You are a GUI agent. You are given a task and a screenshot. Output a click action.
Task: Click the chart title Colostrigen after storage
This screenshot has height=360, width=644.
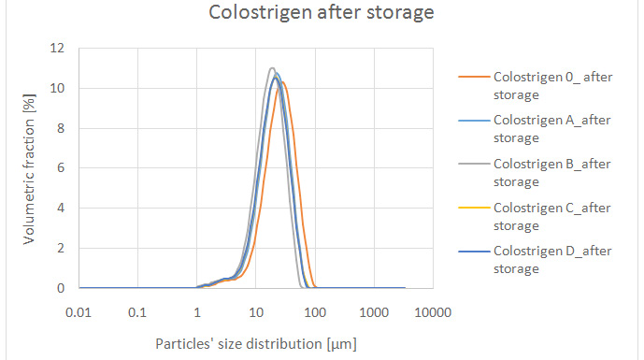(x=321, y=13)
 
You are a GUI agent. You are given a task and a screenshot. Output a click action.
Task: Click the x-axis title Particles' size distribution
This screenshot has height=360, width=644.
(x=256, y=343)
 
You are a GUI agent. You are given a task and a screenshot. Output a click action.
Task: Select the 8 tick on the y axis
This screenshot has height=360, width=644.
(x=61, y=129)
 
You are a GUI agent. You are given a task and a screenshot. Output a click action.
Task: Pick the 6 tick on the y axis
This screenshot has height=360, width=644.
(x=61, y=168)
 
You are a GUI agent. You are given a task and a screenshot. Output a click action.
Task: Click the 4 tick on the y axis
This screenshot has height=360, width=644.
(x=61, y=209)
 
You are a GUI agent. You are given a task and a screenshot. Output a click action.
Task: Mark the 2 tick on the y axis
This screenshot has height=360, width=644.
(x=61, y=249)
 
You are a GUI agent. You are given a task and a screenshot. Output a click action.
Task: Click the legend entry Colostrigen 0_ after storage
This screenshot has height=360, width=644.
(x=552, y=86)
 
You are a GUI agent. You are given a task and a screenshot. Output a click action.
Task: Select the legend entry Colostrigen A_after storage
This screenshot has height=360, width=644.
(x=552, y=129)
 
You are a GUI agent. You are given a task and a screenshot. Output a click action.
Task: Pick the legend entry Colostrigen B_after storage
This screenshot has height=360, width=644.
(x=552, y=173)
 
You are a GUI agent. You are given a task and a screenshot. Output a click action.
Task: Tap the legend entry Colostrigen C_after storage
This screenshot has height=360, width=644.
(x=552, y=217)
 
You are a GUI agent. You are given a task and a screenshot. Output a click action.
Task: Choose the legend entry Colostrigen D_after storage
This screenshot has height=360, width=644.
(x=552, y=260)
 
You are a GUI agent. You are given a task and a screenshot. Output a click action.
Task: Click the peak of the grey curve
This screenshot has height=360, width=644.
(x=271, y=68)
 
